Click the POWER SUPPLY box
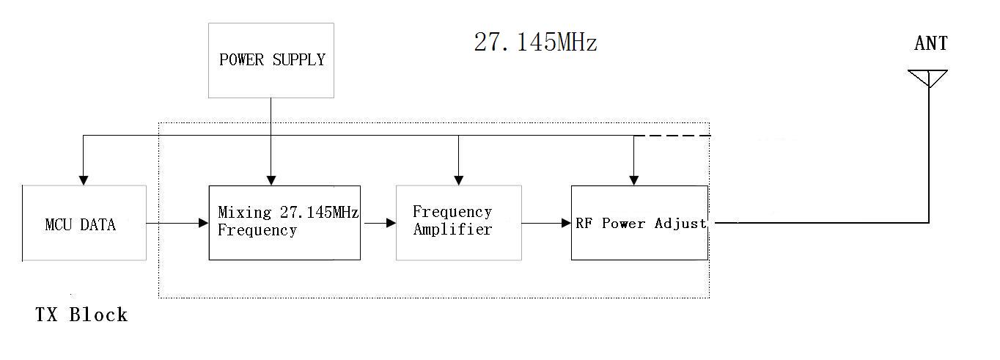(271, 60)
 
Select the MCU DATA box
(84, 223)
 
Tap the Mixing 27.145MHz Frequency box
(284, 222)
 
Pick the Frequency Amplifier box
(458, 222)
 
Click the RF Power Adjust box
(639, 222)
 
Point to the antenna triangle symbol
(928, 78)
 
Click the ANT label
(930, 44)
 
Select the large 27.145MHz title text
(535, 42)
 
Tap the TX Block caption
(81, 315)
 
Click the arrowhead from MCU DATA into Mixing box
(203, 222)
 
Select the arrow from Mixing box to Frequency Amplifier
(378, 222)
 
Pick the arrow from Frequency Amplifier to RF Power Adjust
(546, 222)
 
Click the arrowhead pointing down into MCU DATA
(84, 180)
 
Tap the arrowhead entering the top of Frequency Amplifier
(458, 180)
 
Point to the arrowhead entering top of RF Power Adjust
(635, 180)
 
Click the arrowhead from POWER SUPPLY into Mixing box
(271, 180)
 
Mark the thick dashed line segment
(672, 136)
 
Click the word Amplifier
(452, 229)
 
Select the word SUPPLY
(298, 60)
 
